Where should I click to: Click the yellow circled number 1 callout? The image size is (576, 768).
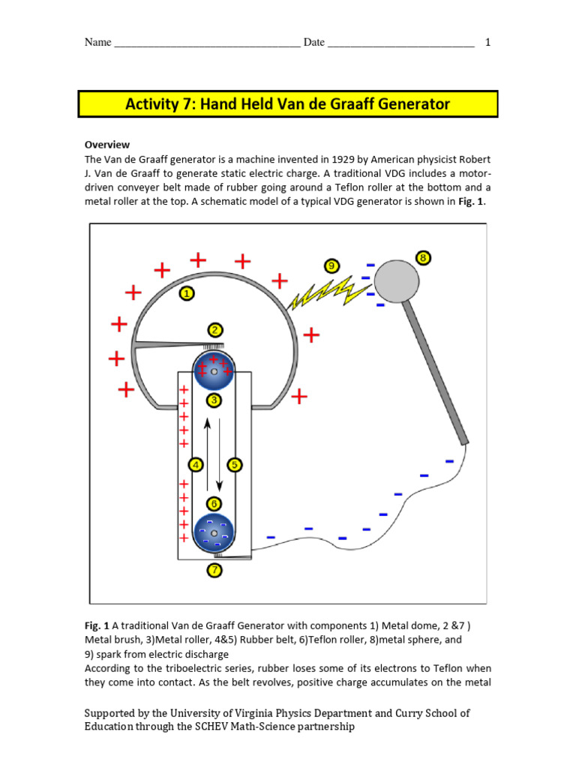point(186,293)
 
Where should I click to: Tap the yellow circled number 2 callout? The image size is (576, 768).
point(214,330)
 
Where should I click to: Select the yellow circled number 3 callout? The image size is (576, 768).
point(214,400)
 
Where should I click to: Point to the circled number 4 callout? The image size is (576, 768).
point(196,465)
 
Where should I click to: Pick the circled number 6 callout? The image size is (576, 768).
point(214,503)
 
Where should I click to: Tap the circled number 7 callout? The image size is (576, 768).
point(214,570)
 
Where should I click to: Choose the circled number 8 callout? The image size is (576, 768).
point(424,259)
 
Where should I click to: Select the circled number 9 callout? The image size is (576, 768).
point(331,265)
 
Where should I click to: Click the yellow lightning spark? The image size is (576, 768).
point(322,292)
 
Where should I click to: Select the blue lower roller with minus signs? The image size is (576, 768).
point(214,533)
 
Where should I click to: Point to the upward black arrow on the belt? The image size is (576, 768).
point(208,450)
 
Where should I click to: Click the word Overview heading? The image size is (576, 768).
point(106,144)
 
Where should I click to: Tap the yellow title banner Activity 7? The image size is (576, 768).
point(288,103)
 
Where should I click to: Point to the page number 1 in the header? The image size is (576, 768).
point(488,42)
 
